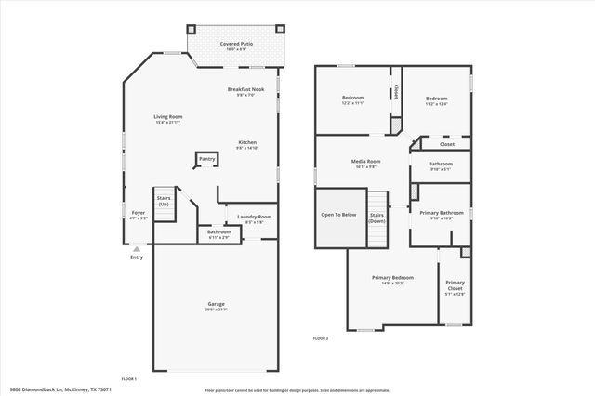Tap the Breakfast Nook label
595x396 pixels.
coord(241,91)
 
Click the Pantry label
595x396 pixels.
coord(206,159)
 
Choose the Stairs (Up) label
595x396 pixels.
coord(164,201)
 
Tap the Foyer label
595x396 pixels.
coord(138,215)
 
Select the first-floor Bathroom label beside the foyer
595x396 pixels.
coord(219,233)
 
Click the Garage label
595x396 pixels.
coord(216,306)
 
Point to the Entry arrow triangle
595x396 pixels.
coord(137,249)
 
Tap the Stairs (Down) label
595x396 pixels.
coord(377,218)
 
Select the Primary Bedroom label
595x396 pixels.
coord(393,279)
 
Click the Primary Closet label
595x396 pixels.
coord(455,285)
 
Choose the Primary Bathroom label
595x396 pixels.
coord(440,214)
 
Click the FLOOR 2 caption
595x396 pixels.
coord(321,337)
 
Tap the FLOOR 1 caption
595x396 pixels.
coord(128,379)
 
